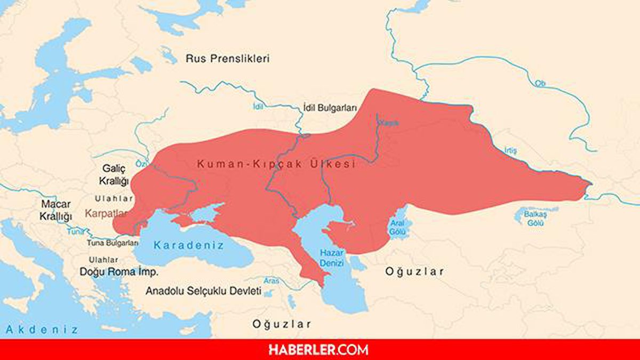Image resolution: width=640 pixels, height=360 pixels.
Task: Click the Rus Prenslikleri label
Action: tap(227, 59)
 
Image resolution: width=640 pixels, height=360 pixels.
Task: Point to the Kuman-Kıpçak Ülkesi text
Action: tap(276, 164)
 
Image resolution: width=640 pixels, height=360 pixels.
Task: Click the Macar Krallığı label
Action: tap(55, 211)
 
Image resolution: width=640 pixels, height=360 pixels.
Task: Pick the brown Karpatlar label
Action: tap(107, 214)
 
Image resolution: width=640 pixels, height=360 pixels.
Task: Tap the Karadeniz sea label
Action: tap(189, 245)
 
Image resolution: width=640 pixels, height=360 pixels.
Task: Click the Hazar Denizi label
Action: tap(331, 258)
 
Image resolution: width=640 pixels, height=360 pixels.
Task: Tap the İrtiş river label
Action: tap(510, 151)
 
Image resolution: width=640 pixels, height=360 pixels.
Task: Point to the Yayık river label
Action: tap(388, 123)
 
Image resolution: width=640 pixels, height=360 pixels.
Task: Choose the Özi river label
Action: tap(141, 163)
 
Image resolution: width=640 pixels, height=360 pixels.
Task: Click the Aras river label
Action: tap(272, 280)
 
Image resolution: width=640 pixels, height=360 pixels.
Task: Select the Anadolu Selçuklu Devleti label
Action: tap(203, 292)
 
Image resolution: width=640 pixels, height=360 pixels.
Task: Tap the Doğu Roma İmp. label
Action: tap(119, 271)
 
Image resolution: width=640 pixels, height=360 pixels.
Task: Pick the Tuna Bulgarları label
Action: tap(113, 243)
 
